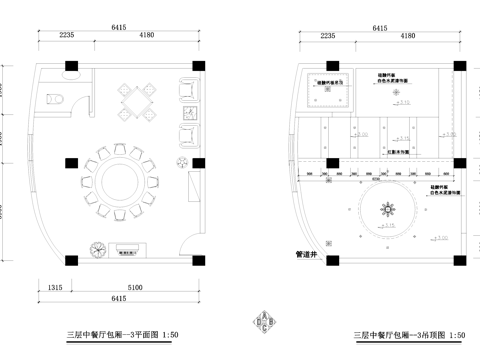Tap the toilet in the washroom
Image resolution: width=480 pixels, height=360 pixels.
point(57,96)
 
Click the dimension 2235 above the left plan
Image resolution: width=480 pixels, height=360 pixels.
point(66,35)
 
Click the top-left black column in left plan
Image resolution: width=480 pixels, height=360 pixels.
point(70,69)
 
